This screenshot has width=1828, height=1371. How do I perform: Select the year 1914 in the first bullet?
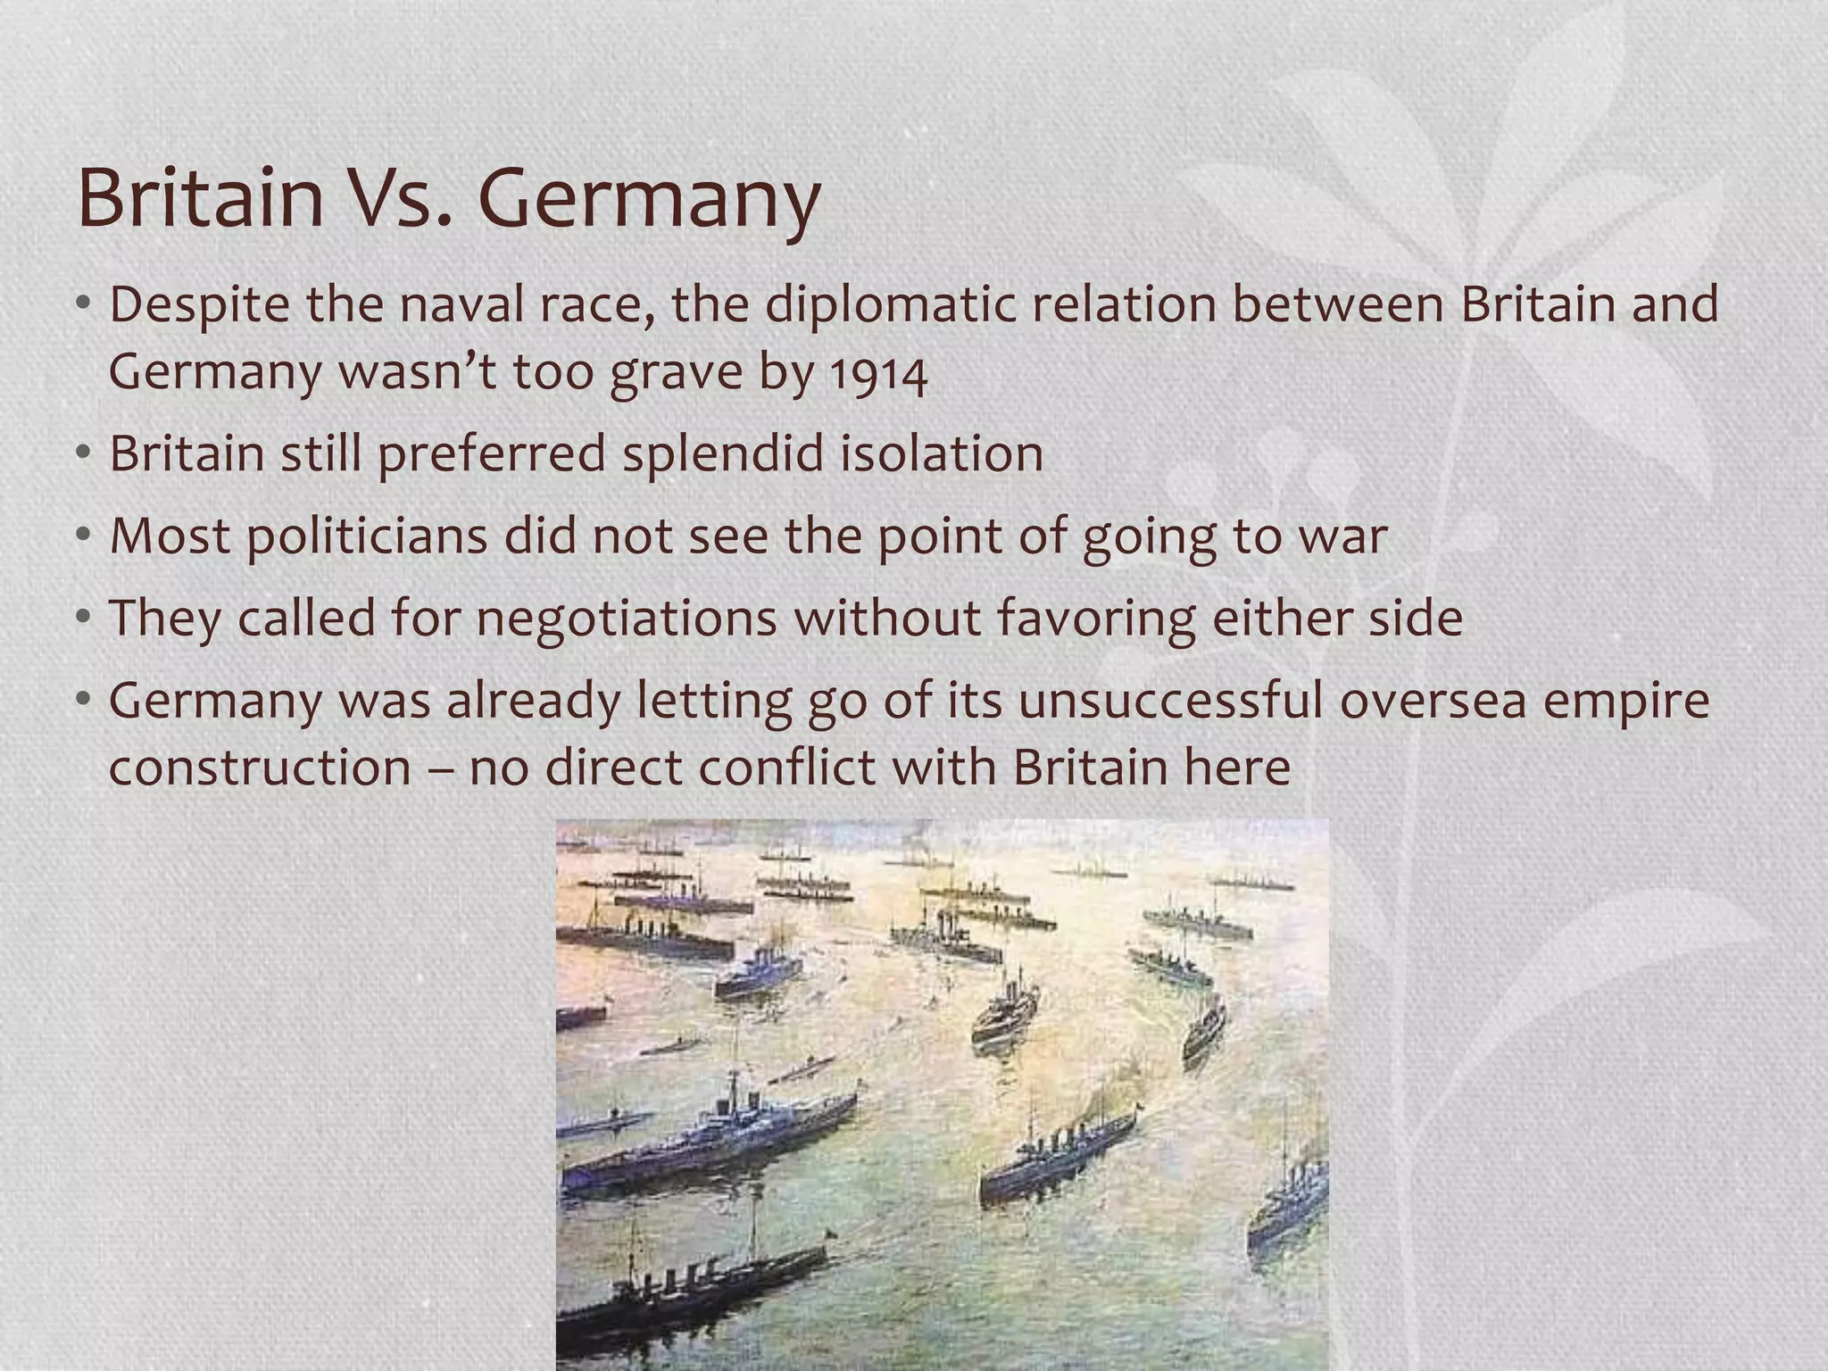coord(878,374)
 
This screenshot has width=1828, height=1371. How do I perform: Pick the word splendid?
coord(723,453)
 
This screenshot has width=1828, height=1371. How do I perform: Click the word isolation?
coord(942,453)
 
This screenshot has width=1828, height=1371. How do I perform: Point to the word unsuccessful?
coord(1169,701)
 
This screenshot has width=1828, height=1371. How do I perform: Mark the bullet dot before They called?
coord(84,619)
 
